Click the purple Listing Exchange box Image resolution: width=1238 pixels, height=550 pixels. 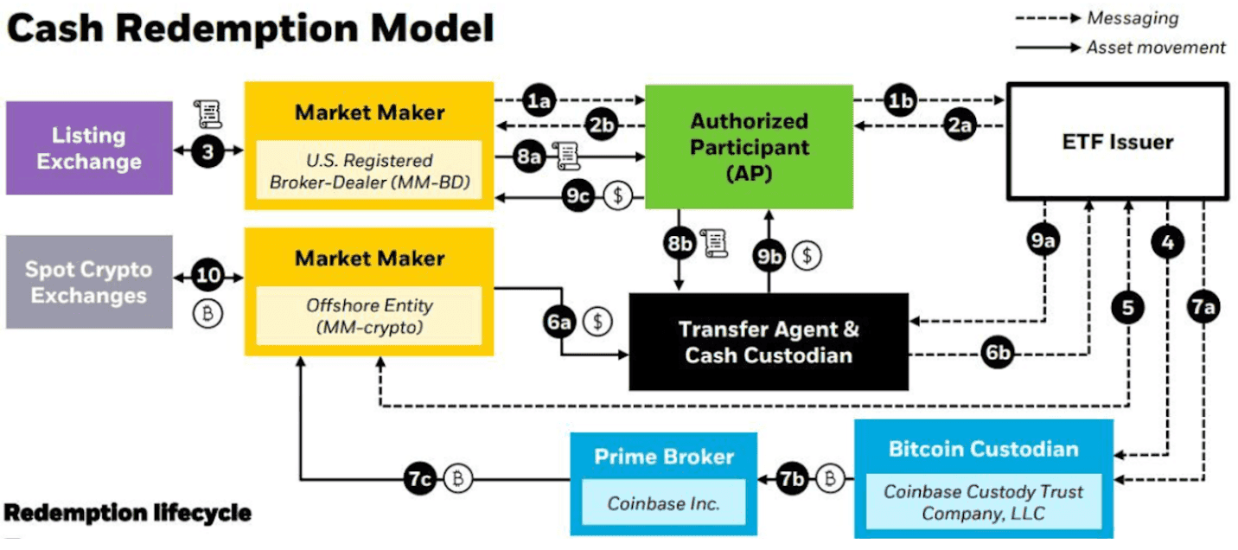(89, 148)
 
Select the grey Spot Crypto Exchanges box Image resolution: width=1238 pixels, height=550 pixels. (89, 282)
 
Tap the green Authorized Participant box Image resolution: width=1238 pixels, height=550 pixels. (749, 146)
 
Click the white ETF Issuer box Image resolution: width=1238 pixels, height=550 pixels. (1117, 141)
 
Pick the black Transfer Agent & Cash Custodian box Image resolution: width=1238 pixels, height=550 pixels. (769, 342)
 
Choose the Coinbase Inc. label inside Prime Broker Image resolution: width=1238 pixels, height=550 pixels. (663, 503)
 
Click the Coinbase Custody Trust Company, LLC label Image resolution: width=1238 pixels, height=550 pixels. (982, 502)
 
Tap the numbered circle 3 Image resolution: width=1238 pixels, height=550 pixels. (207, 152)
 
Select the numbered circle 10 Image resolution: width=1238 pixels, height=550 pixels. (207, 278)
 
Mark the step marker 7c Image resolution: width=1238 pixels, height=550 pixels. (421, 478)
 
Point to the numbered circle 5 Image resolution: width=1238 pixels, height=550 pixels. (1127, 306)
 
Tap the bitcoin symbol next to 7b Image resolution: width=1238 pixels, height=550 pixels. (831, 477)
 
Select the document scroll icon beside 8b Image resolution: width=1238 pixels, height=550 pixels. (715, 243)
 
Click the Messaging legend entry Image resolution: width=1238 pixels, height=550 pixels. (1132, 18)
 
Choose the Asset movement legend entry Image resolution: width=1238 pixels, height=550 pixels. (1155, 47)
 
